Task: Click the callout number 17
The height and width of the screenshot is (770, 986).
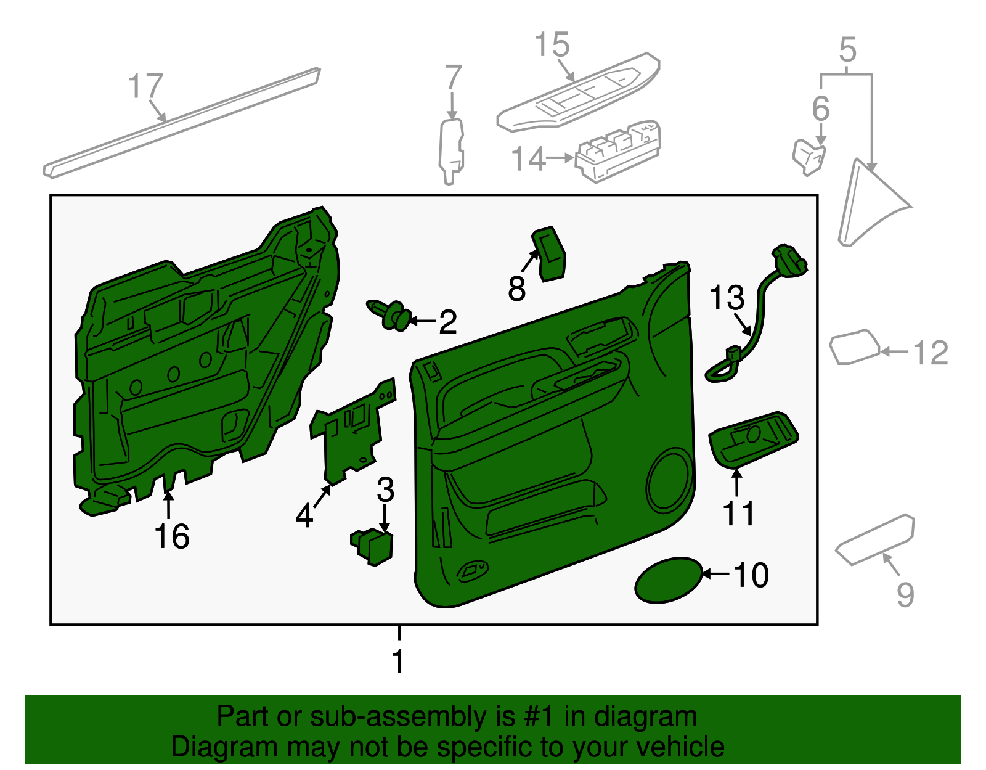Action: pyautogui.click(x=146, y=86)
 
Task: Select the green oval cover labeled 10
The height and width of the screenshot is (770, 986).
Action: pyautogui.click(x=668, y=580)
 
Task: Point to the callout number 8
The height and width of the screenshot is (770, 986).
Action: pyautogui.click(x=516, y=289)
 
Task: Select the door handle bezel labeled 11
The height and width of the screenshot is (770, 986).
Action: pyautogui.click(x=753, y=438)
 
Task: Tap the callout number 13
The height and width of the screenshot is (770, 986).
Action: pyautogui.click(x=727, y=298)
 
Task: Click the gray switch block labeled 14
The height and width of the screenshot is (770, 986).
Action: pyautogui.click(x=619, y=151)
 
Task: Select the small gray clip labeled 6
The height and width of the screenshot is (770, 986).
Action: pyautogui.click(x=809, y=157)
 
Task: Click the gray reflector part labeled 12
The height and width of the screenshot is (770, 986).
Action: pyautogui.click(x=854, y=348)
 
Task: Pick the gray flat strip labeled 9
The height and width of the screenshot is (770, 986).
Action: pyautogui.click(x=875, y=539)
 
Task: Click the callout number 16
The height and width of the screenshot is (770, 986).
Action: pyautogui.click(x=172, y=536)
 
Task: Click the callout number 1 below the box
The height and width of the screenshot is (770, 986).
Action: pyautogui.click(x=399, y=661)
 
